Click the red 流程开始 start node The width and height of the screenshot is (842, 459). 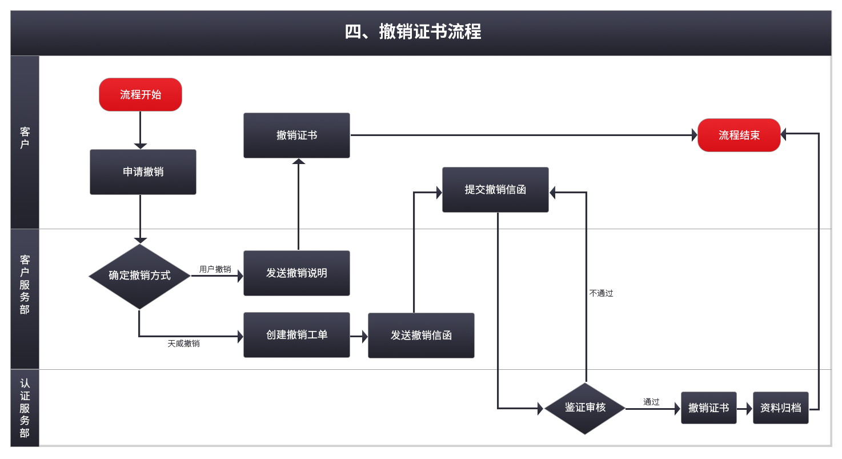(x=141, y=94)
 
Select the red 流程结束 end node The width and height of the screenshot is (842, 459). (x=739, y=135)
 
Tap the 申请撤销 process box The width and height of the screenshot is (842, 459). (x=143, y=171)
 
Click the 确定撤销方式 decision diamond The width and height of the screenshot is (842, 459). (x=139, y=276)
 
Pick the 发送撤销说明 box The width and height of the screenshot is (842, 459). (x=296, y=273)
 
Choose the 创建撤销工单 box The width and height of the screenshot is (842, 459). (x=296, y=335)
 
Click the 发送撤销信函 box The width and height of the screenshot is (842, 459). (x=421, y=336)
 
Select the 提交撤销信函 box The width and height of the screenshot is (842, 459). (x=495, y=190)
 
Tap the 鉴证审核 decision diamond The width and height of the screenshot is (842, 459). (x=585, y=408)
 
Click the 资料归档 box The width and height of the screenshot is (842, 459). (x=780, y=408)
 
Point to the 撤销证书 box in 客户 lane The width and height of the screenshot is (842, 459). (x=296, y=135)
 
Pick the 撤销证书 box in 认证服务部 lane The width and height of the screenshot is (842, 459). (x=708, y=408)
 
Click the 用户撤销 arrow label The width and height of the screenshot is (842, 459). (x=215, y=269)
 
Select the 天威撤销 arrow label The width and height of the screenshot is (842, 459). (x=183, y=344)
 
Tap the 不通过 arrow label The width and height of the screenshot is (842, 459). (x=601, y=293)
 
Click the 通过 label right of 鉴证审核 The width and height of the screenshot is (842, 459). (x=651, y=402)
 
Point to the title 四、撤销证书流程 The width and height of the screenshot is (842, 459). (x=413, y=32)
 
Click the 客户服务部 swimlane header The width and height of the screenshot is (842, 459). (x=25, y=284)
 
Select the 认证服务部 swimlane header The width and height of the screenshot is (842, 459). (x=25, y=408)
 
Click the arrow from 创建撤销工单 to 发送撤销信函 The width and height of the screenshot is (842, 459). (x=359, y=336)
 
